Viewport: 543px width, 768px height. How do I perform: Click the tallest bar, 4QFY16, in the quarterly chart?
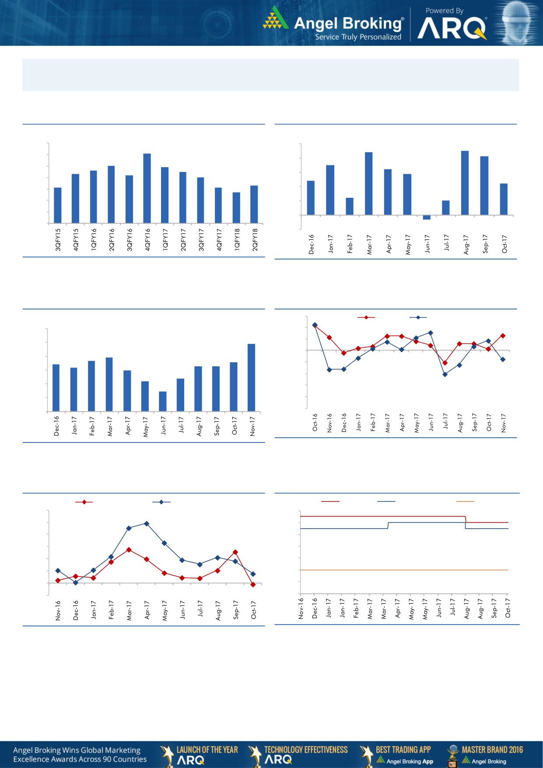[x=147, y=188]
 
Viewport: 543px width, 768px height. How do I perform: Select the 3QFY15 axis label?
[x=58, y=239]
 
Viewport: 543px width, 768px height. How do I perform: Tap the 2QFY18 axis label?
[x=255, y=239]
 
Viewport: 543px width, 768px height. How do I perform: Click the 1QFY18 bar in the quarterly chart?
[x=236, y=208]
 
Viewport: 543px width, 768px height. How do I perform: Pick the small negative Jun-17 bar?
[x=427, y=217]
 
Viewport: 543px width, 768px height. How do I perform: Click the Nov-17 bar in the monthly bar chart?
[x=252, y=378]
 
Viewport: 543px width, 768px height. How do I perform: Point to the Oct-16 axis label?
[x=315, y=422]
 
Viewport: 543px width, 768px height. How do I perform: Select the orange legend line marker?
[x=465, y=501]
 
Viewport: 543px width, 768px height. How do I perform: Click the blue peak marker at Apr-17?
[x=147, y=523]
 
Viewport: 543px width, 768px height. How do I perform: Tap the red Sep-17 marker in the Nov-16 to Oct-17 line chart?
[x=235, y=552]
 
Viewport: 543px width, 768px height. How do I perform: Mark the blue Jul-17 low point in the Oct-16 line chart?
[x=445, y=375]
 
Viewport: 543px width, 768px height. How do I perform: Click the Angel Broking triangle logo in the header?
[x=275, y=18]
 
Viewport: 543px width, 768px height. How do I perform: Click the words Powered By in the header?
[x=444, y=11]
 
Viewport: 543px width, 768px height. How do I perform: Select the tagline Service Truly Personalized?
[x=358, y=37]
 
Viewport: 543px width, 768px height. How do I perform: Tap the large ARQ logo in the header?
[x=452, y=29]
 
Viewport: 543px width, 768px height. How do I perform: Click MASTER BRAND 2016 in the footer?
[x=492, y=750]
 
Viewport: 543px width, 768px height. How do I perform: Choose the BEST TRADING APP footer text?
[x=403, y=750]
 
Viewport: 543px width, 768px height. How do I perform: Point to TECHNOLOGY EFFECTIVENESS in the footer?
[x=306, y=750]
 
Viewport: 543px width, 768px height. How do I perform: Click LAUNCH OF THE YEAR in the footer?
[x=207, y=750]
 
